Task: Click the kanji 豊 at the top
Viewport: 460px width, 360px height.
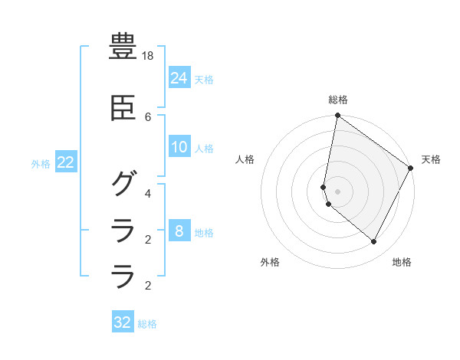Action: coord(123,46)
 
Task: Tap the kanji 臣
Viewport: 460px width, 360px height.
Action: coord(123,110)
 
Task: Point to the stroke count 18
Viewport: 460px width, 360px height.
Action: coord(149,57)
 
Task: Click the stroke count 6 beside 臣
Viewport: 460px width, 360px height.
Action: coord(148,116)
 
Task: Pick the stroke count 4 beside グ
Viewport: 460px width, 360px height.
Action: coord(148,193)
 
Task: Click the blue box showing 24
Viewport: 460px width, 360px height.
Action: coord(179,77)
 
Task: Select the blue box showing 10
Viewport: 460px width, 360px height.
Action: coord(179,147)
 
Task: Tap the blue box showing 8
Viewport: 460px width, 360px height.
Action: coord(179,231)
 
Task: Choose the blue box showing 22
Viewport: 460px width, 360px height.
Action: coord(66,162)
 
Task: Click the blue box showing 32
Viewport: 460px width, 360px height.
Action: coord(123,322)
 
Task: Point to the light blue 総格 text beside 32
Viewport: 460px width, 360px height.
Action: coord(147,324)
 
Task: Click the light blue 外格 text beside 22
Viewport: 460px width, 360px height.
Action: coord(41,163)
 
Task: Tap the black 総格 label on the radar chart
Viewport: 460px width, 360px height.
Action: coord(337,100)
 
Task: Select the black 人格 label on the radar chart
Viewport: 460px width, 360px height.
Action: coord(245,159)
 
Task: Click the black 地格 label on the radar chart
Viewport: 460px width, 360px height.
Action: coord(402,262)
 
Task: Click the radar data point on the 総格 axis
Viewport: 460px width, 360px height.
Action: coord(337,116)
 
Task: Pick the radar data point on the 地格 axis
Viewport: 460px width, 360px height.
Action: coord(374,242)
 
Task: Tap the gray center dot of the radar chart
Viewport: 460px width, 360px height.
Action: coord(337,191)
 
